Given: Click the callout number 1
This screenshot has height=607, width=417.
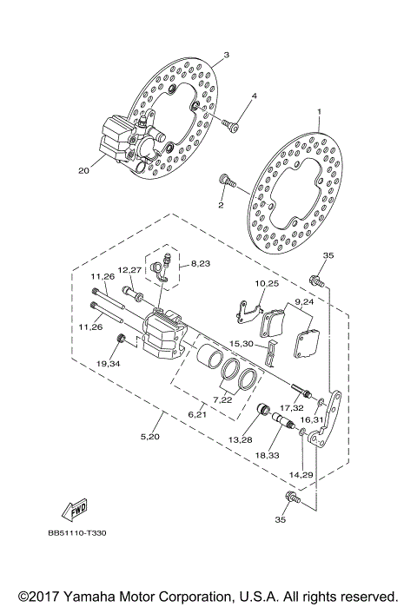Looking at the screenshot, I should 319,112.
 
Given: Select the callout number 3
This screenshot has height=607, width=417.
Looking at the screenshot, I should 225,54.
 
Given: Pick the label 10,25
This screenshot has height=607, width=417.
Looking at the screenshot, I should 266,284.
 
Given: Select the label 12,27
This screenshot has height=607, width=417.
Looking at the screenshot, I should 129,269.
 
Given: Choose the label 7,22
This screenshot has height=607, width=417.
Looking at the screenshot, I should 223,400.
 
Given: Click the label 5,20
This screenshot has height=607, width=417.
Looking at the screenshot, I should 151,434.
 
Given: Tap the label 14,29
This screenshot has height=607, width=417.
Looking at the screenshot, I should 301,475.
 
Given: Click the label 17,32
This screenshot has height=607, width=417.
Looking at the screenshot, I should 291,407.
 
